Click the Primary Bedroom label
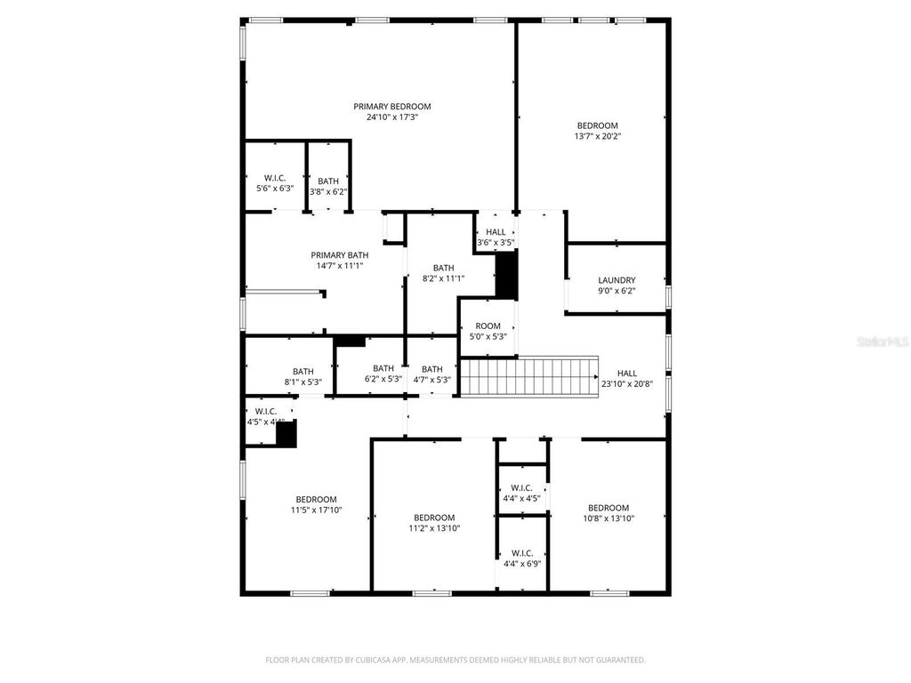[391, 107]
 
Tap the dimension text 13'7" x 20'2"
[597, 137]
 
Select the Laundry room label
[616, 280]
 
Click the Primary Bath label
[339, 254]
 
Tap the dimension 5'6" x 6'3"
[274, 189]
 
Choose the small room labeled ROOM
[488, 325]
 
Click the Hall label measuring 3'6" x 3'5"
[496, 232]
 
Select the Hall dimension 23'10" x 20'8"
[628, 384]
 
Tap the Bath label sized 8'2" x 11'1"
[443, 268]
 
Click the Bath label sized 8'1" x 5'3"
[302, 372]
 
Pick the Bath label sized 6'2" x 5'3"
[383, 368]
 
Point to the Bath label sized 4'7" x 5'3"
[432, 369]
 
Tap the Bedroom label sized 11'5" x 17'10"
[316, 499]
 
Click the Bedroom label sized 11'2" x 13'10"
[434, 518]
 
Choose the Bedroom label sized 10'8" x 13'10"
[609, 508]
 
